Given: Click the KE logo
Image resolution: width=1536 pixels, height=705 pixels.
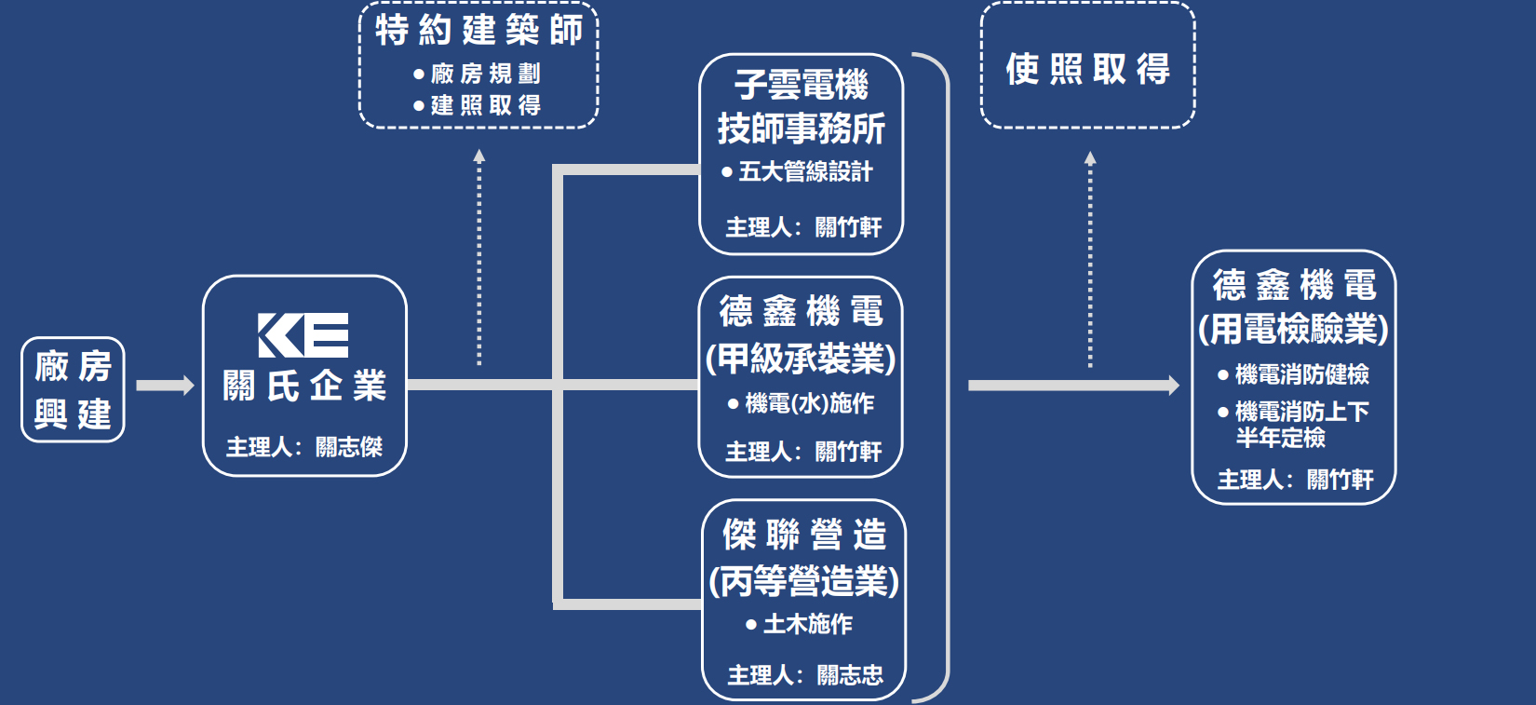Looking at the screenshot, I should (303, 335).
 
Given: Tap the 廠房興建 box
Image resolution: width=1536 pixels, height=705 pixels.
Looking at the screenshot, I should (73, 389).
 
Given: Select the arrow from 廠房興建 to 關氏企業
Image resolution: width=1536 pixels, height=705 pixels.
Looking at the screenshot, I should (164, 386).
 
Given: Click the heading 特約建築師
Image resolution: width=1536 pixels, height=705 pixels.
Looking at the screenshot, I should (478, 31).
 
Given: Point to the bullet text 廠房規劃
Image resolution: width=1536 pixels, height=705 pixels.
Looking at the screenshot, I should (485, 74).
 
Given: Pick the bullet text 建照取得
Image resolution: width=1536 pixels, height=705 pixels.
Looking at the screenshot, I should (485, 105).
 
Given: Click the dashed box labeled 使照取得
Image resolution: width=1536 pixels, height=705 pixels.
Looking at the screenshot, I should (1087, 67).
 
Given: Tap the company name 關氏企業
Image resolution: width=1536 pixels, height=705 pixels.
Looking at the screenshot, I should (304, 386).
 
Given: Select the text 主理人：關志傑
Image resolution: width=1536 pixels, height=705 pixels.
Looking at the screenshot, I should (304, 447).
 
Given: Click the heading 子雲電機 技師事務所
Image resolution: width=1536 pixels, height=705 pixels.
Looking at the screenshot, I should (801, 106).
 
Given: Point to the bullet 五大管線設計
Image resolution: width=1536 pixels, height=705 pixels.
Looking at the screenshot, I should (805, 171).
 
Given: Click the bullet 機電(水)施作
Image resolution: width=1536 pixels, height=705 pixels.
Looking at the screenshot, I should (809, 403).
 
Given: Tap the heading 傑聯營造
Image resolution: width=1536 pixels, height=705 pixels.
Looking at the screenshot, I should (804, 535).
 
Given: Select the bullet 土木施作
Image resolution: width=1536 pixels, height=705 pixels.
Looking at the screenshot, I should (807, 624).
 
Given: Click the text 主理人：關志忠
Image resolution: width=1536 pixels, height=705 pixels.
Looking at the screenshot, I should (804, 674).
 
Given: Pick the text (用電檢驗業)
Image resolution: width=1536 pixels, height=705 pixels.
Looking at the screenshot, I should (1293, 329).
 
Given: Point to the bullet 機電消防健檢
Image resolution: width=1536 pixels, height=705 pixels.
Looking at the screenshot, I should (1301, 374).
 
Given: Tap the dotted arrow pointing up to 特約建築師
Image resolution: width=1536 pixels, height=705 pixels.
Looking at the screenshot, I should (478, 256).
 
